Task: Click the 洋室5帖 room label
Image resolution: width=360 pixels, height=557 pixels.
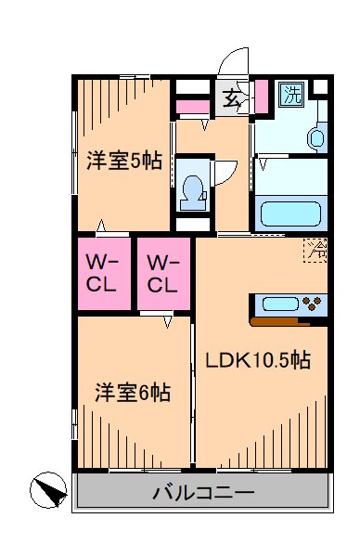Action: (x=125, y=160)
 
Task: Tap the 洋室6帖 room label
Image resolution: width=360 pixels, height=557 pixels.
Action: (x=132, y=393)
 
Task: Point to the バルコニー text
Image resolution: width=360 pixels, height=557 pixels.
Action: (x=203, y=492)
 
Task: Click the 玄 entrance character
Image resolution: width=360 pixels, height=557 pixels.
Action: (x=228, y=96)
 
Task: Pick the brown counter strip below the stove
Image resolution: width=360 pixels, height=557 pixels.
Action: (x=279, y=322)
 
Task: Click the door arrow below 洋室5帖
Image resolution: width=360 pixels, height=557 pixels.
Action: (x=99, y=227)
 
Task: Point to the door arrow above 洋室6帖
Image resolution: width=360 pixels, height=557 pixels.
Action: (x=168, y=321)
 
